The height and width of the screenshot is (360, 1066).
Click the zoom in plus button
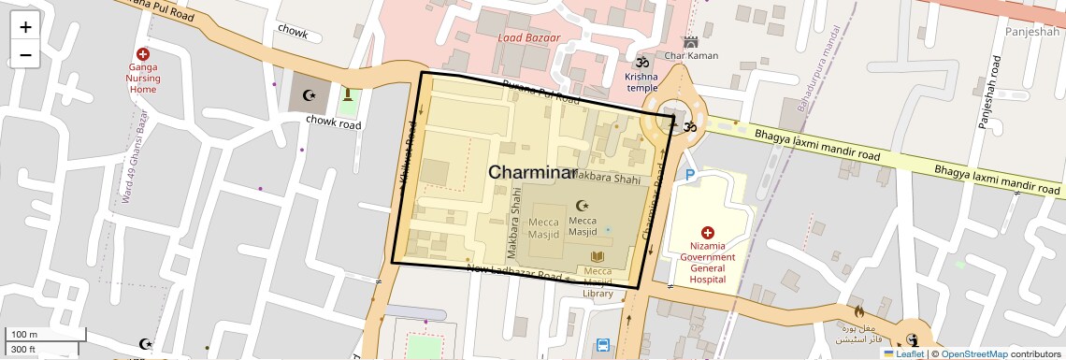[x=25, y=27]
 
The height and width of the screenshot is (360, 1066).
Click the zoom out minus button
[x=25, y=54]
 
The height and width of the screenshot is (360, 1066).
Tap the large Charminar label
[x=532, y=173]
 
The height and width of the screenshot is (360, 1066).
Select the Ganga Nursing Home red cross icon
[x=143, y=55]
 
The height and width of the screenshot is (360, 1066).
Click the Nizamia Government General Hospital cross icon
[x=707, y=232]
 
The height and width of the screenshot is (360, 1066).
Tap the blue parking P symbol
[x=690, y=175]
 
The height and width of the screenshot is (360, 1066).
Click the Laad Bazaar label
[x=528, y=38]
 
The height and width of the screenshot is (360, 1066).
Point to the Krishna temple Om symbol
[x=642, y=60]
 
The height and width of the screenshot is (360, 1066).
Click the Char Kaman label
[x=691, y=55]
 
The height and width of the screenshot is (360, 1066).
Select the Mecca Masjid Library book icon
[x=598, y=256]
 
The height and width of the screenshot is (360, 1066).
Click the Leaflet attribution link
[x=903, y=353]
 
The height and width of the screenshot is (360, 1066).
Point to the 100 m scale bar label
[x=24, y=334]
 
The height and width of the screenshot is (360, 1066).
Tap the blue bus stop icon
[x=603, y=345]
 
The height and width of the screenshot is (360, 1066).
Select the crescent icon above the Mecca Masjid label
[x=583, y=205]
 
